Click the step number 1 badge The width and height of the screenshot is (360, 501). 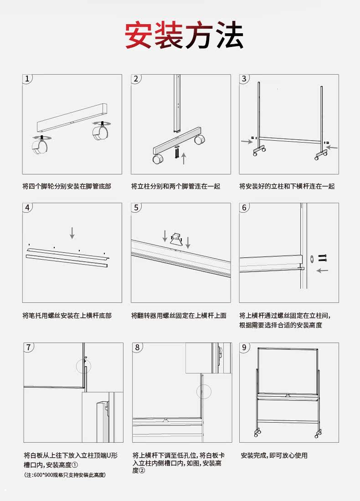(x=28, y=79)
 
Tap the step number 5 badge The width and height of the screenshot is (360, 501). (x=136, y=208)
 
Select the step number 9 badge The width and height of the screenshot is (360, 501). (x=245, y=348)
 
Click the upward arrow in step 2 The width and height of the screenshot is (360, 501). (x=184, y=158)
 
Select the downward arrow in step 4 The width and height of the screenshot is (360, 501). (x=72, y=232)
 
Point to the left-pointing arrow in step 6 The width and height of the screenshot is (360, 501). (x=323, y=271)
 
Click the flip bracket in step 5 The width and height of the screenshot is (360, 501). (x=175, y=240)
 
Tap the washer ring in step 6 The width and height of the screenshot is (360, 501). (x=312, y=259)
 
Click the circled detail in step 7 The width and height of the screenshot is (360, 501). (x=83, y=365)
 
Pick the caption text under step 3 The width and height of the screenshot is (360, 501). (x=287, y=186)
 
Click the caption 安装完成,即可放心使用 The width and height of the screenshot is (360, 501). (x=274, y=455)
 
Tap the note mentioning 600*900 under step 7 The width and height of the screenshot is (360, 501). (x=65, y=475)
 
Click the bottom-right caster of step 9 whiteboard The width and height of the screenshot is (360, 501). (x=316, y=434)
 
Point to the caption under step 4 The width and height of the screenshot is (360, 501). (x=67, y=315)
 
